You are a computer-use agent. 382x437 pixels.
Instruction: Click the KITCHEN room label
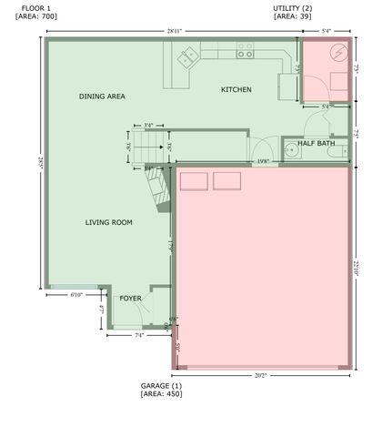[236, 89]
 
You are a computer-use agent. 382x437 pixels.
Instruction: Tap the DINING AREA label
[102, 96]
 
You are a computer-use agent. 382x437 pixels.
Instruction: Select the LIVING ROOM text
[109, 222]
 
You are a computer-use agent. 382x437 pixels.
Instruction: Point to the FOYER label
[131, 297]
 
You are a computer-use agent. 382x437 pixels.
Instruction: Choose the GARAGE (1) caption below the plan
[161, 386]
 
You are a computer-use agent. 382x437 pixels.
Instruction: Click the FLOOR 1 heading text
[37, 7]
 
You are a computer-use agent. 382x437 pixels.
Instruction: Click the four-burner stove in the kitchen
[245, 54]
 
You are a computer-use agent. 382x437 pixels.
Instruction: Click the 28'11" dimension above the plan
[175, 32]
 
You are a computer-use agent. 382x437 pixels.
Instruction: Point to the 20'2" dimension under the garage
[259, 374]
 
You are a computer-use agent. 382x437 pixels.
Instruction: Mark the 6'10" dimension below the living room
[76, 294]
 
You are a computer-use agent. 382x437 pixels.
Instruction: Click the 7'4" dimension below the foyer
[139, 336]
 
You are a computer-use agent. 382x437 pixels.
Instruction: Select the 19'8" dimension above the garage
[263, 162]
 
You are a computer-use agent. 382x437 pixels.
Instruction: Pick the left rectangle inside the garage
[193, 182]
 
